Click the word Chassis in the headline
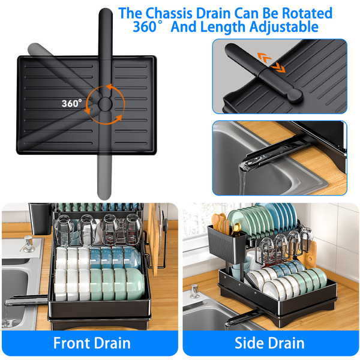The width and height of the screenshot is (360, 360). point(169,13)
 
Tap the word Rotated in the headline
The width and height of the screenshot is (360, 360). point(307,13)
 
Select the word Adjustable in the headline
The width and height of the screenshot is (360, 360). point(284,27)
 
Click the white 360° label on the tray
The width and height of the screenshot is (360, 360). point(71,103)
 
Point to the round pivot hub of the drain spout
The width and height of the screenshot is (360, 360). point(105,104)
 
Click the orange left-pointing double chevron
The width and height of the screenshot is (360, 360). point(264,58)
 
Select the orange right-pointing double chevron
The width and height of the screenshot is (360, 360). point(278,68)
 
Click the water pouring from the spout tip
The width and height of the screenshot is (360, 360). point(242,181)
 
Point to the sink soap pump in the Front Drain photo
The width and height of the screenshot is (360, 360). point(28,244)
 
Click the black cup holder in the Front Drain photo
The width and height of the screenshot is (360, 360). point(40,218)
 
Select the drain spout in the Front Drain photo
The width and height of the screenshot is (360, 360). point(26,301)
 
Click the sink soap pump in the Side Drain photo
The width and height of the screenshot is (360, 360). point(194,291)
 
